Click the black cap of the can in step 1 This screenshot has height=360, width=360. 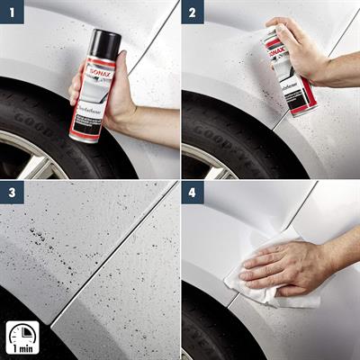click(105, 42)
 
